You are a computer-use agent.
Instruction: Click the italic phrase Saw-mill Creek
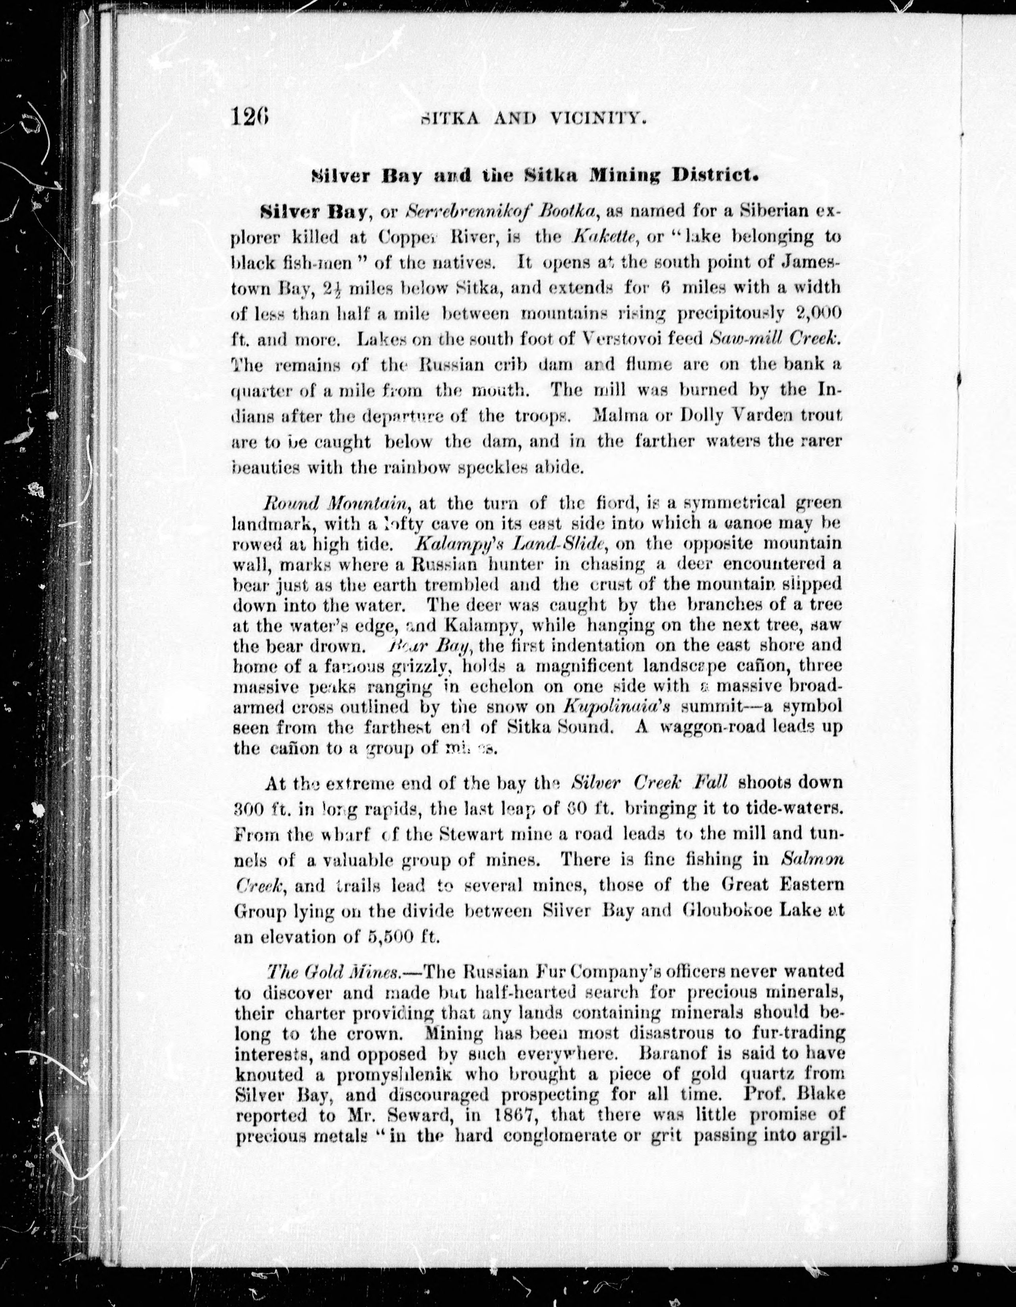click(776, 339)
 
